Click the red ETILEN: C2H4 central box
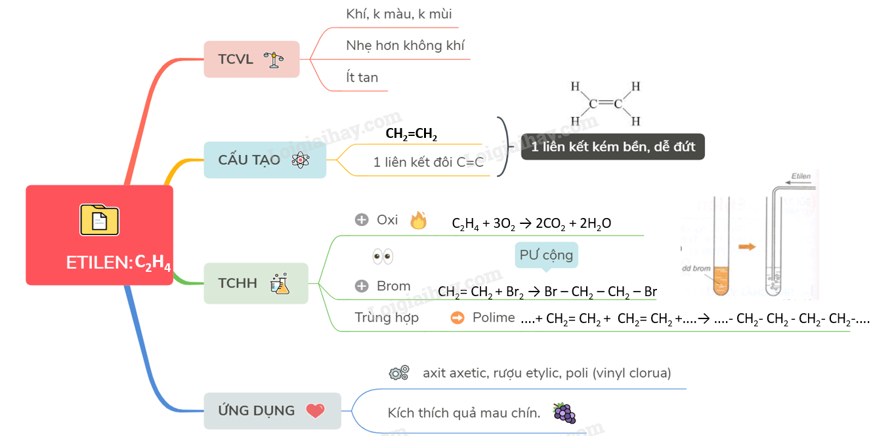[99, 235]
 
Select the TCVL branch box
[251, 59]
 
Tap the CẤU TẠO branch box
[265, 160]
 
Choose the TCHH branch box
[255, 283]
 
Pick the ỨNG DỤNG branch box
[272, 410]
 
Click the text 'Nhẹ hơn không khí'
[405, 45]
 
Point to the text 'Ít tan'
[362, 77]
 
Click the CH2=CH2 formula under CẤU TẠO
[412, 135]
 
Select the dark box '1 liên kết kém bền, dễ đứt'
[612, 146]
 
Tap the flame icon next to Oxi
[418, 221]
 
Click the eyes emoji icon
[382, 256]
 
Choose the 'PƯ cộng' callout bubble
[546, 255]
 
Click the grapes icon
[564, 413]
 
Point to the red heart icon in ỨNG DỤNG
[315, 411]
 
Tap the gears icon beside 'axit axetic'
[399, 373]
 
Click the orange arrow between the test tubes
[746, 246]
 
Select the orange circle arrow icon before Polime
[457, 318]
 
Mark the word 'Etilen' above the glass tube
[801, 177]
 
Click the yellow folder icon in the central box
[99, 220]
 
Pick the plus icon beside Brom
[362, 286]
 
